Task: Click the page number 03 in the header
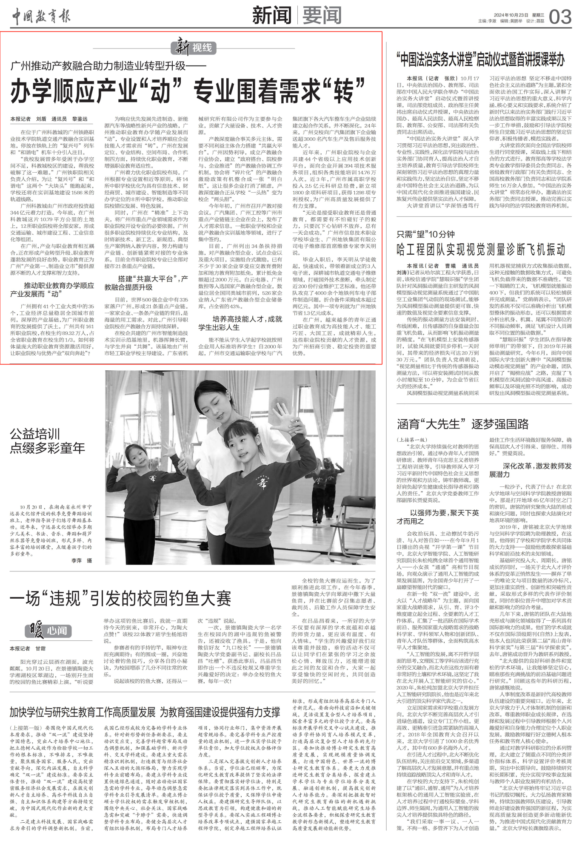pos(560,17)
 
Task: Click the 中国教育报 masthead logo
pos(41,17)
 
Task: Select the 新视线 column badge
pos(194,47)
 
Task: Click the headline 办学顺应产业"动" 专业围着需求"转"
pos(188,91)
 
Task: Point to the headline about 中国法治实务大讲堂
pos(481,60)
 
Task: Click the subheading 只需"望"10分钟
pos(425,234)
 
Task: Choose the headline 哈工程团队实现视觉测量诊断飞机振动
pos(481,249)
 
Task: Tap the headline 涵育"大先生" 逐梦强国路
pos(463,424)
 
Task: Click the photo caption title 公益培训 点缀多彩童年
pos(47,441)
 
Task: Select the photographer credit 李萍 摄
pos(82,561)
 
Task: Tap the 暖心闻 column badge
pos(48,630)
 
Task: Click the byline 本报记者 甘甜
pos(28,648)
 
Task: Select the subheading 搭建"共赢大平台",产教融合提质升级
pos(146,283)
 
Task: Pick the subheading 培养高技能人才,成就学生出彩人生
pos(240,323)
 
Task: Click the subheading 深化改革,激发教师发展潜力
pos(531,470)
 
